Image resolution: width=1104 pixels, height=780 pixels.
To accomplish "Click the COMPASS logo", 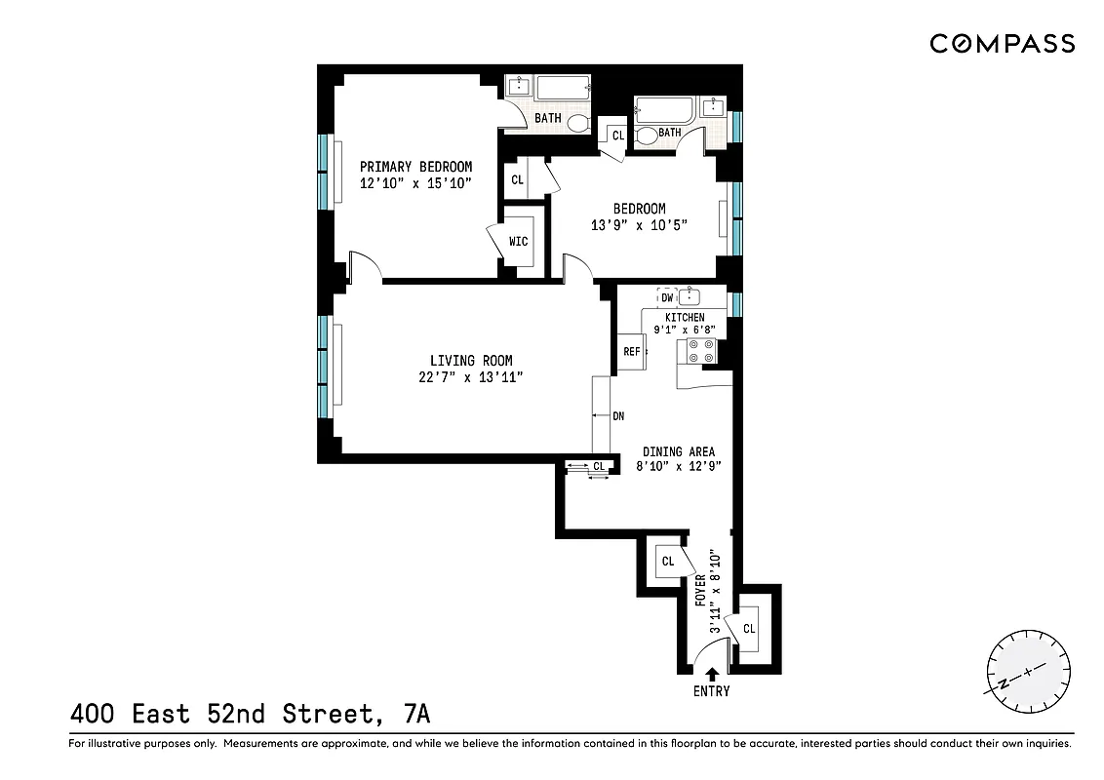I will click(1002, 43).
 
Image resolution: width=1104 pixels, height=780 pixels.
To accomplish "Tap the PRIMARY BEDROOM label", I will click(415, 167).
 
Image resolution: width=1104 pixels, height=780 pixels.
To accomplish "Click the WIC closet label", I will click(518, 241).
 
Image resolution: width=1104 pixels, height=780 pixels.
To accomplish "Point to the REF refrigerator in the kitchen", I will click(631, 352).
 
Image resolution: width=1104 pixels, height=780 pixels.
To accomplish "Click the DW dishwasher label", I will click(667, 299).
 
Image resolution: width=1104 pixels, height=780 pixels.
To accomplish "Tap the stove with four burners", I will click(701, 351).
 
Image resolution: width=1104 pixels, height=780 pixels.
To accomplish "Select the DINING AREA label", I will click(678, 451).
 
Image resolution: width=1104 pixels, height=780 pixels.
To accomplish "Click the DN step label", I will click(618, 416).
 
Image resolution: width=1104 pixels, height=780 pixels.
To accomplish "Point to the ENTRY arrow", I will click(711, 673).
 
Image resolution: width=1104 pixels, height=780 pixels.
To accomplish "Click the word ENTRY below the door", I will click(711, 691).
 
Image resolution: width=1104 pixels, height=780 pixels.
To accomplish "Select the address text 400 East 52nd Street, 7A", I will click(250, 715).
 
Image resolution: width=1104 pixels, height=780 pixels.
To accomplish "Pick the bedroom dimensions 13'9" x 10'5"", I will click(639, 225).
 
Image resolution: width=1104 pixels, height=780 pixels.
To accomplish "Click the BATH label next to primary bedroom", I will click(547, 119).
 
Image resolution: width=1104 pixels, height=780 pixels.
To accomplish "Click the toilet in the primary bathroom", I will click(578, 123).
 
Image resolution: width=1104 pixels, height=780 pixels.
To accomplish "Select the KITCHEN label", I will click(685, 318).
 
